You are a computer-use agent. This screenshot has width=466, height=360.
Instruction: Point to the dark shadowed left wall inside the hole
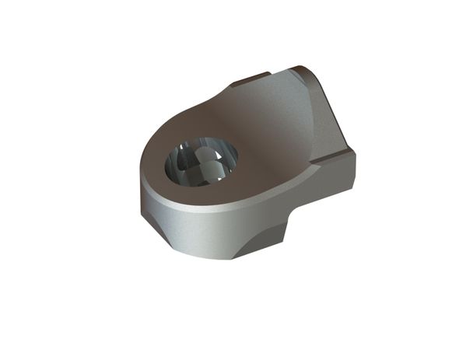(175, 167)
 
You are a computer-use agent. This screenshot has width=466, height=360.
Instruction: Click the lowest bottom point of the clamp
(233, 258)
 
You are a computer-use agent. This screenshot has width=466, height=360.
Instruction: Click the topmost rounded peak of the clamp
(300, 68)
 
